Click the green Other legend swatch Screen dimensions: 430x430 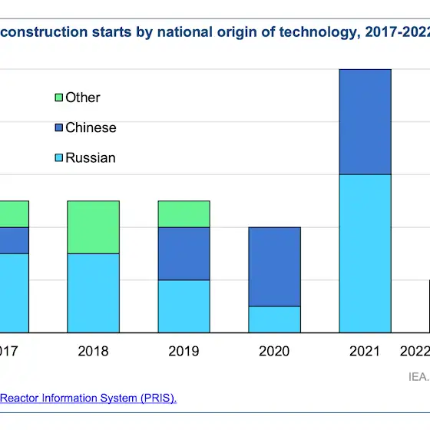58,98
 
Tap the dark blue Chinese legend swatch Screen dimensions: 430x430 58,127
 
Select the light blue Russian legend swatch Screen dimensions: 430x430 58,157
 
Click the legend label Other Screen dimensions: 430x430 83,98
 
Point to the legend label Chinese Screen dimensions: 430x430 91,127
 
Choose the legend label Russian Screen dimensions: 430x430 91,157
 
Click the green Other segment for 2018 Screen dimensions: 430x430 93,227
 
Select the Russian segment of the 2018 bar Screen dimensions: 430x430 93,293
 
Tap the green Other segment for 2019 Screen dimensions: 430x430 184,214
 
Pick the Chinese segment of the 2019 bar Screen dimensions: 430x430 184,253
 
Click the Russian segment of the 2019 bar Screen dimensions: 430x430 184,306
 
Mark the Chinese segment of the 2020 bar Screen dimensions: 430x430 275,267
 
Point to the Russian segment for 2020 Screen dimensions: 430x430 275,319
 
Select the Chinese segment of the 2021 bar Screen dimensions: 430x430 365,122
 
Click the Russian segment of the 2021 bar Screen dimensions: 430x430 365,253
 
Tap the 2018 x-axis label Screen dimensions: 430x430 93,351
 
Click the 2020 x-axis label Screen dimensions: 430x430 274,351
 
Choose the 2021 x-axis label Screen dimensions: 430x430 365,351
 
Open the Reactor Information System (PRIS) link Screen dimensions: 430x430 88,398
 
